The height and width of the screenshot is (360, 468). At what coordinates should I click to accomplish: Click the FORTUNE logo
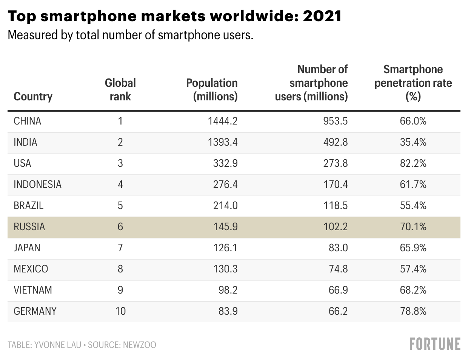435,344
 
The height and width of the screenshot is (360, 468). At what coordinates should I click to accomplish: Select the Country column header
33,97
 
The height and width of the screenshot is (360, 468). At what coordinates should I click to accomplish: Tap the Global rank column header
120,90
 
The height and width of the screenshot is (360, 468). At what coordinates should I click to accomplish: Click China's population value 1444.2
223,121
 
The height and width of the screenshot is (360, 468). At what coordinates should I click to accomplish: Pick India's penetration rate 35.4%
413,142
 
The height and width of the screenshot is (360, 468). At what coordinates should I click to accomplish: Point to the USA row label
22,163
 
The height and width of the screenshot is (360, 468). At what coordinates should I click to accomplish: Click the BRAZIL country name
28,206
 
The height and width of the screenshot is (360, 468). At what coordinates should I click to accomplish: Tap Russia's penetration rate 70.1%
413,227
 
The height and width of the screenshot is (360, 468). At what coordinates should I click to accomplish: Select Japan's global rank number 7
120,248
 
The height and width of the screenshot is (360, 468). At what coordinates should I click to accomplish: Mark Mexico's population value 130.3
225,269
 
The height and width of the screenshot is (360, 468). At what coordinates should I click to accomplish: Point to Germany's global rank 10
120,311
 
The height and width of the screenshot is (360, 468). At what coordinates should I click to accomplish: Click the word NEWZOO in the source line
139,345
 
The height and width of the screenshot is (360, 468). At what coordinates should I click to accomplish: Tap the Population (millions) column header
212,90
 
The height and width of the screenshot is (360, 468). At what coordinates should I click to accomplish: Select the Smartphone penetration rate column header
413,83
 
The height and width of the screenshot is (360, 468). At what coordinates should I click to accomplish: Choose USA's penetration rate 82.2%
413,163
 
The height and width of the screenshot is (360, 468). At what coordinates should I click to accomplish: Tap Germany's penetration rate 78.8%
413,311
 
